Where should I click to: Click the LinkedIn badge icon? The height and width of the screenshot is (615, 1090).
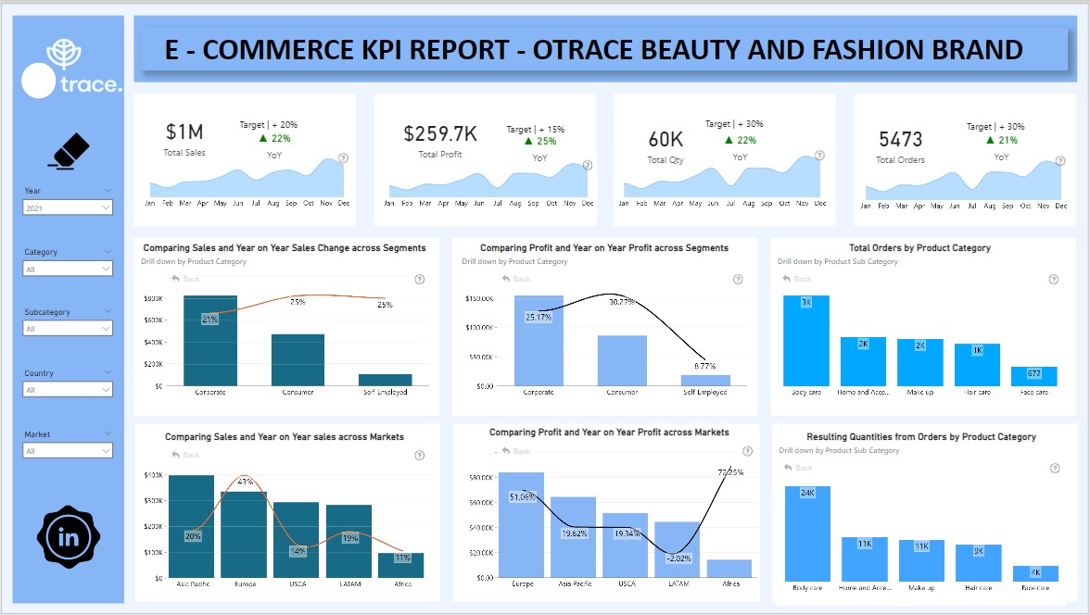(x=69, y=537)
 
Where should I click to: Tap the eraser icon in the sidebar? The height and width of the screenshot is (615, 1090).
(x=68, y=151)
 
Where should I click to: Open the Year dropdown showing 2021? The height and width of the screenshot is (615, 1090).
(x=68, y=208)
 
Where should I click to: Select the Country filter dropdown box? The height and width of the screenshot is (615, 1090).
(x=68, y=390)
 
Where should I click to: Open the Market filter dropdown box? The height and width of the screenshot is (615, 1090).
(x=68, y=451)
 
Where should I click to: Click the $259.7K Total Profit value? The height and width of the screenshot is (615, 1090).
(x=440, y=134)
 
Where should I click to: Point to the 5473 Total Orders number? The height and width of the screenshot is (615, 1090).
(x=900, y=140)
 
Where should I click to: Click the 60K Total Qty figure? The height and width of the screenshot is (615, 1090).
(x=665, y=140)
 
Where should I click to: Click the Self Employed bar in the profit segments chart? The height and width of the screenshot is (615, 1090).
(x=705, y=380)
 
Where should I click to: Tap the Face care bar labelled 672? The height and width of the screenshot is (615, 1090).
(x=1033, y=376)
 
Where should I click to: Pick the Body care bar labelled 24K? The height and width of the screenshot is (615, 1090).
(x=807, y=533)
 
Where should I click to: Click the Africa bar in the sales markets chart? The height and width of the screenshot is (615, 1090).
(x=401, y=566)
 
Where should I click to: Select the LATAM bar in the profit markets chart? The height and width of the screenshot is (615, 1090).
(x=677, y=549)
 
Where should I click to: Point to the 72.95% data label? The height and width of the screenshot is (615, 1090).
(x=730, y=471)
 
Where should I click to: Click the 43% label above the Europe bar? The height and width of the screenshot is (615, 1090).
(x=246, y=482)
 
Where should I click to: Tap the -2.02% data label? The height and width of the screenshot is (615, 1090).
(x=679, y=558)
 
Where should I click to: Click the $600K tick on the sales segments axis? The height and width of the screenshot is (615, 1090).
(x=154, y=320)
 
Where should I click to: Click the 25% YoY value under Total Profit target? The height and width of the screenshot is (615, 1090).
(x=547, y=142)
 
